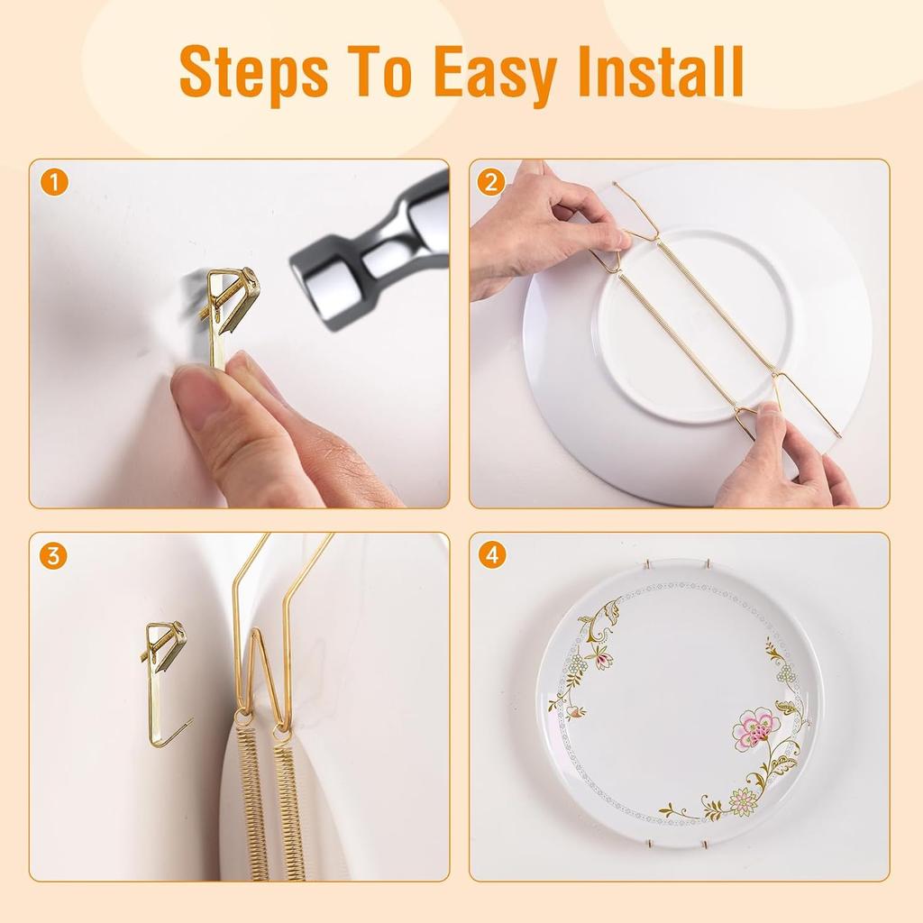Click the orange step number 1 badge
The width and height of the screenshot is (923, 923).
click(x=54, y=183)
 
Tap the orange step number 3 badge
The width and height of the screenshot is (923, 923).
click(x=54, y=556)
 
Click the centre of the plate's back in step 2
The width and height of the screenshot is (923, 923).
click(x=694, y=324)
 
